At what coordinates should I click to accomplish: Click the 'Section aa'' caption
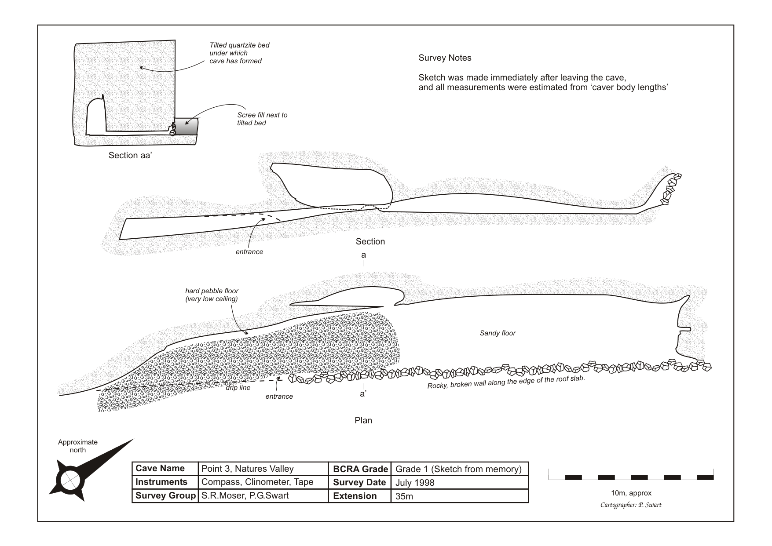(x=130, y=155)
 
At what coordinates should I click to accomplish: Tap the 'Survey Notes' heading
(x=445, y=58)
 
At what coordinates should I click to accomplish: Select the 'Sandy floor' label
(x=497, y=333)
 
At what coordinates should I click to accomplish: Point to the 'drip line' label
(x=238, y=388)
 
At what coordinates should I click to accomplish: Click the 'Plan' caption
(x=363, y=420)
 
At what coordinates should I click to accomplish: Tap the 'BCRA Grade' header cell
(x=360, y=469)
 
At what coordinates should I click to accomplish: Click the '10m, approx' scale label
(x=631, y=493)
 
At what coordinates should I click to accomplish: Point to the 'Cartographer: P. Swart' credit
(x=631, y=505)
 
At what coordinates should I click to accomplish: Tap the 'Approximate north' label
(x=78, y=446)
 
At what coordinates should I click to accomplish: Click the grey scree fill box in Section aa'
(x=186, y=127)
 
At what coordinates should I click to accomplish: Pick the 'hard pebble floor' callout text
(x=212, y=295)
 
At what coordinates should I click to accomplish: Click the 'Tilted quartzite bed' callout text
(x=239, y=53)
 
